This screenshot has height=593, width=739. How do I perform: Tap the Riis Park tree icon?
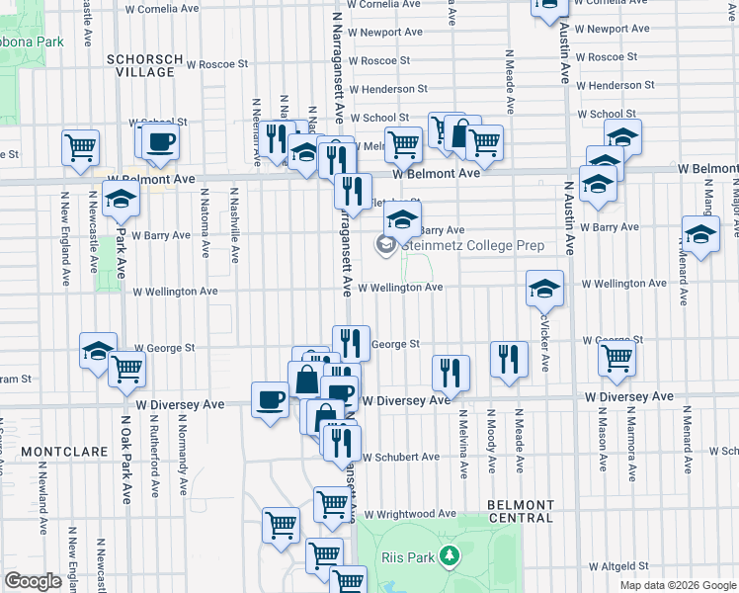(x=451, y=557)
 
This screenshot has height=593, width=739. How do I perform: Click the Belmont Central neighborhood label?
(x=521, y=511)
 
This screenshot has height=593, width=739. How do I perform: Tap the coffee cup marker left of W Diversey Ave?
(x=270, y=400)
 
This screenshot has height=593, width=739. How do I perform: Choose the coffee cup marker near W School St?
(x=159, y=141)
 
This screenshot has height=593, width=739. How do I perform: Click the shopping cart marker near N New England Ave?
(x=80, y=148)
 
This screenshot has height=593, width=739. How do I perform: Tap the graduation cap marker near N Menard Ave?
(x=700, y=235)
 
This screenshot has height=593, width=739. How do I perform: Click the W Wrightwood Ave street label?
(x=409, y=514)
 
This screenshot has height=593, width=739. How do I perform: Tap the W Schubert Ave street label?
(x=400, y=458)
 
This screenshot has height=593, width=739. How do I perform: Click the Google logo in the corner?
(x=33, y=581)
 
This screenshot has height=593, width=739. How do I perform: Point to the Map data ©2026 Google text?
(x=678, y=585)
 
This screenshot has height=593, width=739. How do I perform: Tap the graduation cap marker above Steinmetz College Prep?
(x=402, y=220)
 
